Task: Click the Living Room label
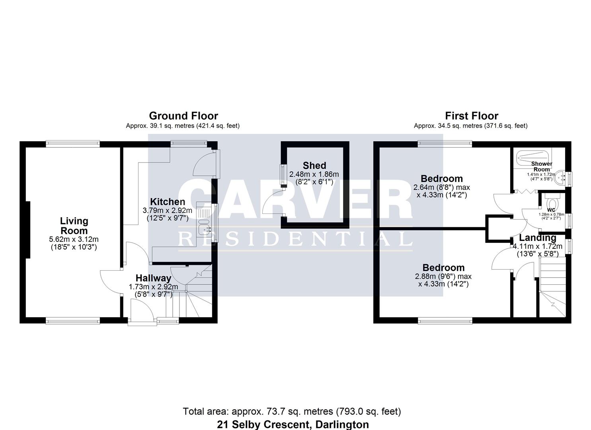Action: point(74,226)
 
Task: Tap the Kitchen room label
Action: point(168,202)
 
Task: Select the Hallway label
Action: point(153,278)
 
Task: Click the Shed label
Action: point(314,166)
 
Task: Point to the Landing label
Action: point(537,238)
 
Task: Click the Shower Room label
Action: point(542,166)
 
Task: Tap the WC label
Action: point(551,210)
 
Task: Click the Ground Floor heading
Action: point(183,116)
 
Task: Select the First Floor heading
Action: point(472,116)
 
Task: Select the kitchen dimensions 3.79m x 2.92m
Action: point(168,210)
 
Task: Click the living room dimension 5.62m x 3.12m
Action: point(74,239)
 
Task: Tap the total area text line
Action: point(292,411)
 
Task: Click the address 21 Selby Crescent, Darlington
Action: point(293,424)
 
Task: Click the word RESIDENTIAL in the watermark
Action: point(295,239)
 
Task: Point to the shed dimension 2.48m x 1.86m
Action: point(314,174)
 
